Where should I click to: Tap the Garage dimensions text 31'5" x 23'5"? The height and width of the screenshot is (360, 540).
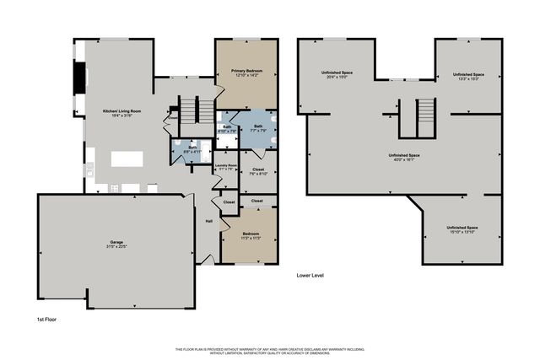click(x=116, y=247)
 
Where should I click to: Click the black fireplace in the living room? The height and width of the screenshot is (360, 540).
click(x=80, y=79)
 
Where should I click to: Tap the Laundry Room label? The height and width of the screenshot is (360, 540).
click(x=225, y=165)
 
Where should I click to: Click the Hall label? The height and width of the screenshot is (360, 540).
click(x=208, y=222)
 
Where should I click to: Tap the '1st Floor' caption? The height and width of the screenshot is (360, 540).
click(x=46, y=320)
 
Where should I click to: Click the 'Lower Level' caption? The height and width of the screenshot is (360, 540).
click(x=310, y=276)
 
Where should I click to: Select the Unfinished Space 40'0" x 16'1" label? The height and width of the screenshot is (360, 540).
click(x=404, y=156)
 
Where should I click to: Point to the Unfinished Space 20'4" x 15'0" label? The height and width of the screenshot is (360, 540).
click(x=337, y=73)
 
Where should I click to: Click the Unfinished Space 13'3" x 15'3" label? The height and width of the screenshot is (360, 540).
click(x=468, y=76)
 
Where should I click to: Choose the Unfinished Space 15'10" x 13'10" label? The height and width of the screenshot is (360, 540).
click(x=462, y=229)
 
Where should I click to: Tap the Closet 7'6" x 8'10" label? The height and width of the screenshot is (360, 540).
click(x=257, y=171)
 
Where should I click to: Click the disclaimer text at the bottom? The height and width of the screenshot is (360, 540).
click(x=270, y=350)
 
